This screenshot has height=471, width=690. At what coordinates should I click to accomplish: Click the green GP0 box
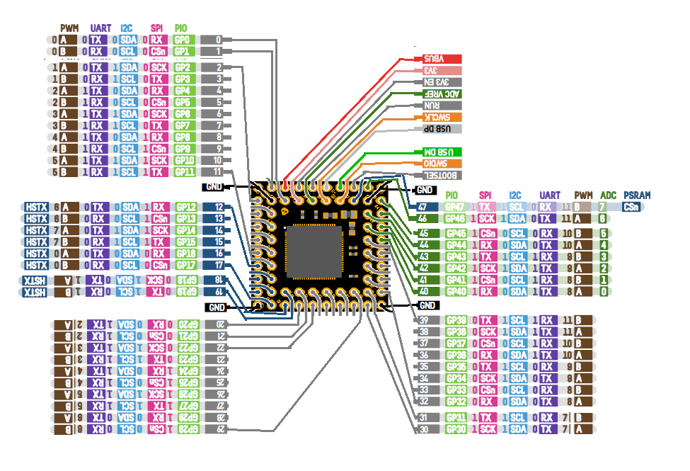click(182, 40)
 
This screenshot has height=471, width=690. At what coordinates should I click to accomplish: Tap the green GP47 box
click(456, 207)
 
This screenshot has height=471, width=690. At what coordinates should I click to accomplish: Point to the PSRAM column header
click(637, 195)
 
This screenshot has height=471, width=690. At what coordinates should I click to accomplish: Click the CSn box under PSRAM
click(635, 207)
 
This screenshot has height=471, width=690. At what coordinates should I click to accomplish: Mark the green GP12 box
click(185, 207)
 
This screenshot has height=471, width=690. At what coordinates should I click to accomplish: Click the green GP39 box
click(456, 320)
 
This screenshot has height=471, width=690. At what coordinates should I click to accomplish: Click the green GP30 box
click(456, 429)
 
